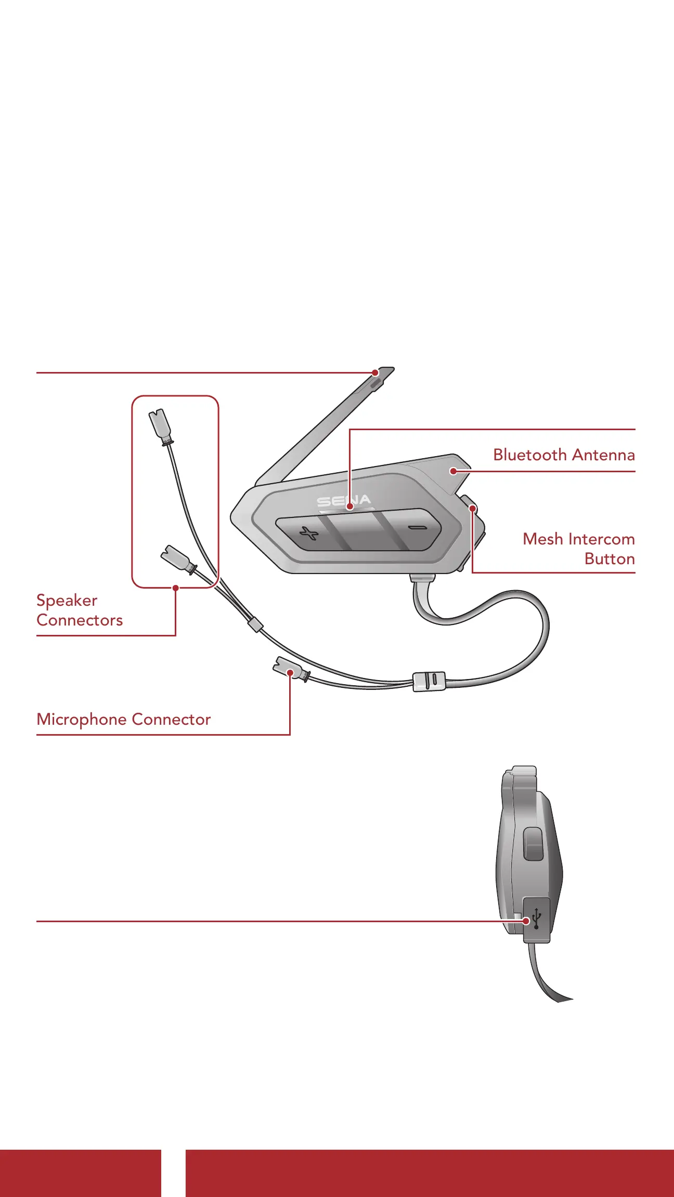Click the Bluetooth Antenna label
click(x=564, y=455)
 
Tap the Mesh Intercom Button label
click(x=578, y=549)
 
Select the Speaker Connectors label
click(x=79, y=610)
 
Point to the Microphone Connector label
click(x=124, y=720)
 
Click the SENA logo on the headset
click(x=344, y=501)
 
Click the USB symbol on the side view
click(x=537, y=920)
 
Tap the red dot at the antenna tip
click(x=375, y=373)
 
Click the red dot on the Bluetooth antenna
click(x=453, y=471)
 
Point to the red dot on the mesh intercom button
click(x=472, y=508)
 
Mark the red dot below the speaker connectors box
click(x=176, y=588)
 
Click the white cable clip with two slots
click(x=429, y=681)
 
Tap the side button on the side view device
click(x=533, y=844)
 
